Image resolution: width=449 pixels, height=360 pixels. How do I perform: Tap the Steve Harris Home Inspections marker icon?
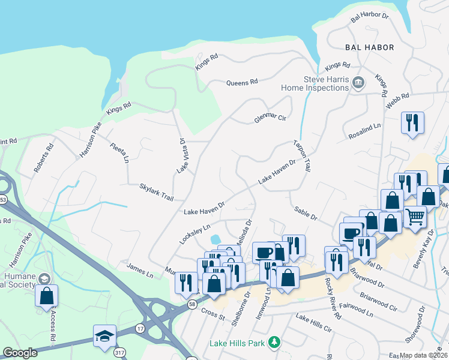[358, 82]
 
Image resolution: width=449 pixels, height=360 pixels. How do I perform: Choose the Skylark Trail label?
[156, 188]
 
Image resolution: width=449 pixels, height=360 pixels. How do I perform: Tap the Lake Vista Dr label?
[181, 155]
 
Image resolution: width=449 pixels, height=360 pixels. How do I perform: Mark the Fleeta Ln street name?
[119, 152]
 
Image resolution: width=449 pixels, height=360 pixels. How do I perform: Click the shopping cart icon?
[415, 216]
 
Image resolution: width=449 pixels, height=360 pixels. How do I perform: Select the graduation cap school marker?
[104, 335]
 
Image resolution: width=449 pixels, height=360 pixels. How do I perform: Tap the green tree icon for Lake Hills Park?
[274, 342]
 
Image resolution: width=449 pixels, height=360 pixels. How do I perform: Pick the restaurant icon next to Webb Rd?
[412, 122]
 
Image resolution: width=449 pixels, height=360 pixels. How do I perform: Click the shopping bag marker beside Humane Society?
[46, 296]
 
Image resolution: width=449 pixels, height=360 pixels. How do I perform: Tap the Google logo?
[20, 353]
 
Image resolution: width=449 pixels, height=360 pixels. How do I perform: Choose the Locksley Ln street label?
[194, 233]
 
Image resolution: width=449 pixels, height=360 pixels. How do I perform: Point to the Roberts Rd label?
[44, 158]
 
